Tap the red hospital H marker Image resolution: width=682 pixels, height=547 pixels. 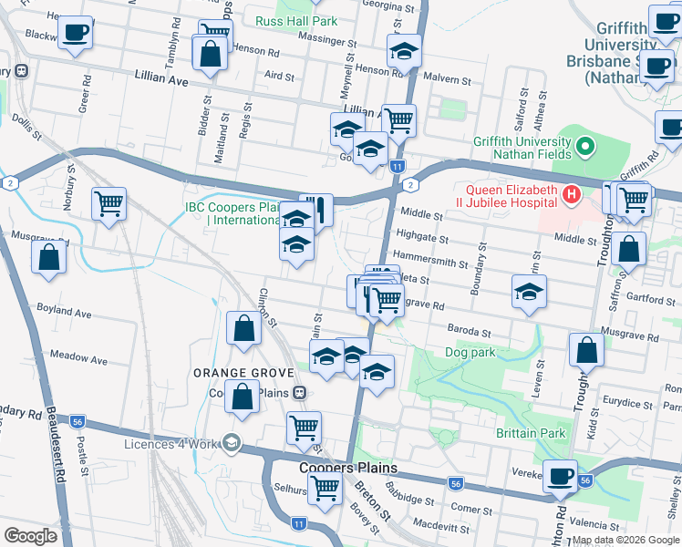[572, 193]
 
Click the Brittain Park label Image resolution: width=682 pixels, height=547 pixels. [532, 433]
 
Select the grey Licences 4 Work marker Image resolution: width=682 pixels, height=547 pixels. [232, 443]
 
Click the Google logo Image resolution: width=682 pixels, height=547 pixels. [30, 536]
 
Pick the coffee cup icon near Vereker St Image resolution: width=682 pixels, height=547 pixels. [561, 476]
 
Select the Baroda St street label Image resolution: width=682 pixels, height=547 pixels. [469, 329]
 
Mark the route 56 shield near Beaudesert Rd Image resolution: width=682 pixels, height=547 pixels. [78, 422]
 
